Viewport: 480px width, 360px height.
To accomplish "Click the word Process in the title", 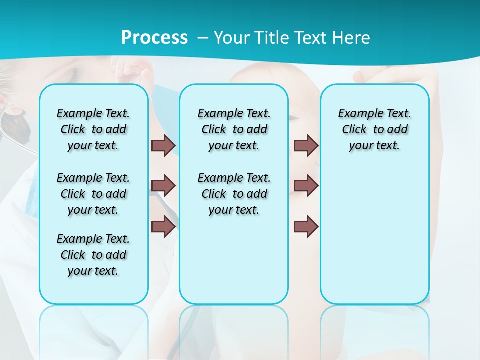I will [154, 38].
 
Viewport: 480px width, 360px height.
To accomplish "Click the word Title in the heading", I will [270, 38].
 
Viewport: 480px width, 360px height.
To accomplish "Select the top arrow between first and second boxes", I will [163, 145].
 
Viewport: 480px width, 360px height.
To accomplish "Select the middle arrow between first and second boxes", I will [163, 186].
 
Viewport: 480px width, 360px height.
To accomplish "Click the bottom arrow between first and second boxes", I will [163, 227].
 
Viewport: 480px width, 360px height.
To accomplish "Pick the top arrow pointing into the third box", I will [306, 145].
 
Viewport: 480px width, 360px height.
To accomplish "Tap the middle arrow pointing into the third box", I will [306, 186].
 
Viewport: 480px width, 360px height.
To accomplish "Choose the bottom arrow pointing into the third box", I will [306, 227].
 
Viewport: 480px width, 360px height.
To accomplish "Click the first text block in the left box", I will [93, 129].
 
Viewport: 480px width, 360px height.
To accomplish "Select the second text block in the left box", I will [93, 194].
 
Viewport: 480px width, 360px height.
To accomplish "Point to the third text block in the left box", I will [93, 255].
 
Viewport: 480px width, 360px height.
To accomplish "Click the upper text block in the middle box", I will [234, 129].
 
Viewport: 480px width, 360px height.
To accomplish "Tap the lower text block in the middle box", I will [234, 194].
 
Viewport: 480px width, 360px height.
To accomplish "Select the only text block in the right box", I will [374, 129].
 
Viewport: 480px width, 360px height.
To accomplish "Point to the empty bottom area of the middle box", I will [234, 265].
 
